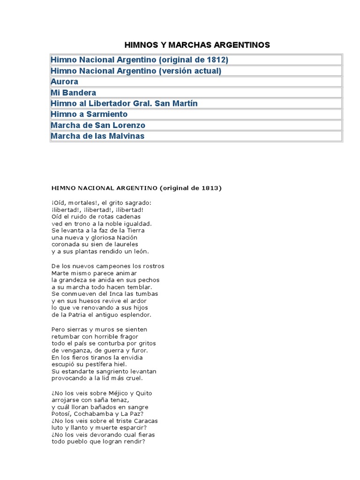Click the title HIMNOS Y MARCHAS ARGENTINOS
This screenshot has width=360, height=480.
[197, 45]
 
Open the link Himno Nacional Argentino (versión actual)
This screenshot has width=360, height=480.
[135, 71]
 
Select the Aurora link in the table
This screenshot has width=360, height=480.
[64, 82]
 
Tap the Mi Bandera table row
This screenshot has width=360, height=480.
[73, 92]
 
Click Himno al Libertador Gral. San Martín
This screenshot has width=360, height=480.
[121, 103]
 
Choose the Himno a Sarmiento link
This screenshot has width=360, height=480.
[89, 114]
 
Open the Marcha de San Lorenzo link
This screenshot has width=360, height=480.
[98, 125]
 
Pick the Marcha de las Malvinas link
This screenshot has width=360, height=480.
[97, 136]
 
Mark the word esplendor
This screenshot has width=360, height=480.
[135, 315]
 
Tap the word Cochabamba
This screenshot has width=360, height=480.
[96, 414]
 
